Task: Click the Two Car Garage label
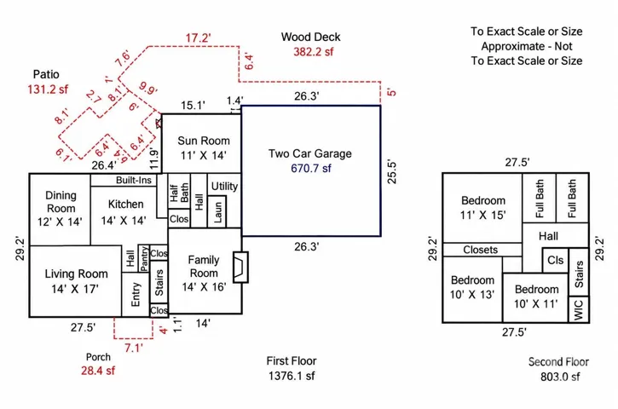309,153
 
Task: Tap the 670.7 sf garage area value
311,168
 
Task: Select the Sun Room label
204,141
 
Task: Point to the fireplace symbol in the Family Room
240,268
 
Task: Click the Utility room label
224,187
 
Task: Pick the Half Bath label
179,193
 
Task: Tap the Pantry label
144,258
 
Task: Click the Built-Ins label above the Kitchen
134,180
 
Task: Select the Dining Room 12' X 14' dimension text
60,222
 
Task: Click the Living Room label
76,274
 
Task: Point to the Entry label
136,294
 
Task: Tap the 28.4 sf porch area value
98,371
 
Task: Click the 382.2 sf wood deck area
314,52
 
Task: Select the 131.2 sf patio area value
48,89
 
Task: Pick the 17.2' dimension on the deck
199,38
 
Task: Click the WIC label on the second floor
579,310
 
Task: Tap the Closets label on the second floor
481,250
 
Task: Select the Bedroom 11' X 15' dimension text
483,215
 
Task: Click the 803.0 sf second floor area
560,377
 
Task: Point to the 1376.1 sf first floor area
292,376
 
